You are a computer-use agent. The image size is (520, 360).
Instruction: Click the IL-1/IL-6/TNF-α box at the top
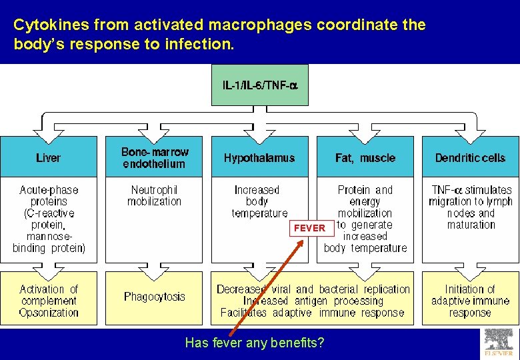259,85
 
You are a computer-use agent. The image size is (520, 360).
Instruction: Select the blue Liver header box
48,158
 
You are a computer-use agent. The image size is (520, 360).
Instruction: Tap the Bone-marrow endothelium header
155,158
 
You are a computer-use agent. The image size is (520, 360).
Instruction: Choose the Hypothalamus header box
259,158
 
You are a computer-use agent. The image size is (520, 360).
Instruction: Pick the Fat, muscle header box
365,158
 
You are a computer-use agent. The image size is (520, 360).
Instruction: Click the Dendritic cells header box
470,158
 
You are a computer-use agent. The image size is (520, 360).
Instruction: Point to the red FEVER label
309,228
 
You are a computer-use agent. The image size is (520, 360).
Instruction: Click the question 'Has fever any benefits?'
255,343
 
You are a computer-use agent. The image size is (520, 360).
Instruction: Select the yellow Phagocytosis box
155,297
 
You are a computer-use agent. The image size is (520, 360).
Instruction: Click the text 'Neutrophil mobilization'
155,195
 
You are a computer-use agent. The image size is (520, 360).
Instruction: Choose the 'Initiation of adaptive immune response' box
470,301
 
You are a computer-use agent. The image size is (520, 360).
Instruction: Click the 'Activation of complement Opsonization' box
48,301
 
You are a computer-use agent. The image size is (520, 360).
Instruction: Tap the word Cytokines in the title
51,25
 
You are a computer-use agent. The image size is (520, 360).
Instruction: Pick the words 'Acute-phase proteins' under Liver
48,195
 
